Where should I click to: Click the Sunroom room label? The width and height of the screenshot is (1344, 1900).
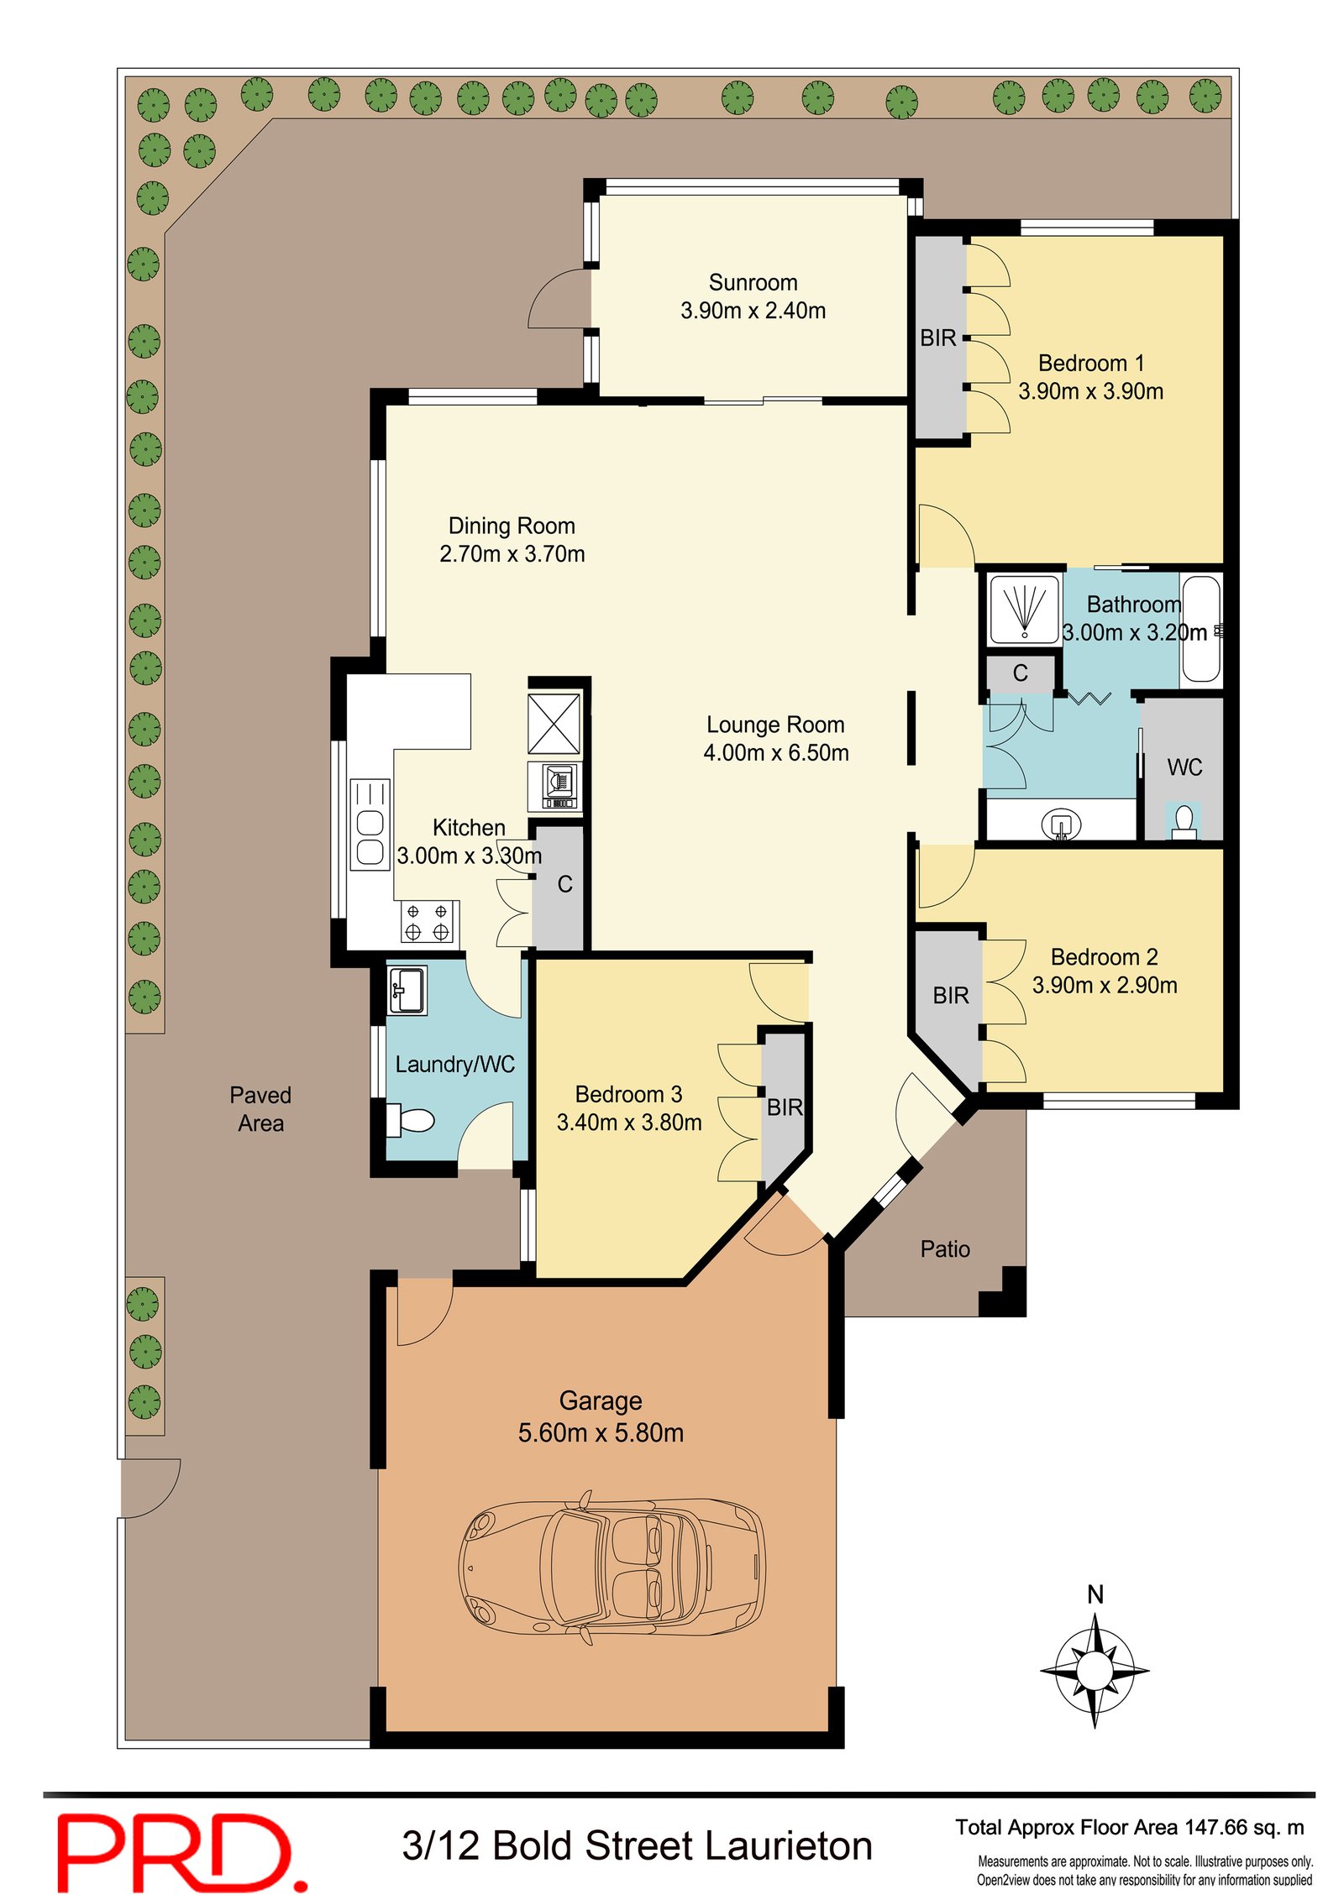pos(753,282)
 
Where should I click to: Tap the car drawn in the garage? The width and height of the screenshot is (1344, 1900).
pos(612,1563)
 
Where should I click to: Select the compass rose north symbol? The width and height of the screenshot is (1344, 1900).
pos(1094,1662)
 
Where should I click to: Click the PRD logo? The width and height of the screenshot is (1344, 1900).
pos(182,1852)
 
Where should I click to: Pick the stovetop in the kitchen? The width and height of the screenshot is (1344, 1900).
pos(428,921)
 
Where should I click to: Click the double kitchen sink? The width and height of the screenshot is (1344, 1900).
pos(370,824)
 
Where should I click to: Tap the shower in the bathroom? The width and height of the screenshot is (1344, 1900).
pos(1024,609)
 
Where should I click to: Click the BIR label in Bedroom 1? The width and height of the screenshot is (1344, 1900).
pos(937,338)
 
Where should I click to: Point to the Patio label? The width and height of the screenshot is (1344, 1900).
pos(945,1249)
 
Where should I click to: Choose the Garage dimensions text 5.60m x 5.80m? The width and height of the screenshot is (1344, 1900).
pos(601,1432)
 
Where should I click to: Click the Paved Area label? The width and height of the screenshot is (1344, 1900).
pos(260,1109)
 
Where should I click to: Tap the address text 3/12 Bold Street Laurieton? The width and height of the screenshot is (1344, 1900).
pos(638,1846)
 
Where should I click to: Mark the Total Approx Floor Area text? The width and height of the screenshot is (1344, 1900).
pos(1130,1828)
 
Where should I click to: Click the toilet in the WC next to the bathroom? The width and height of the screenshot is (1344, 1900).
pos(1184,822)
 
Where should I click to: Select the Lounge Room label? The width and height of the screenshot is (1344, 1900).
pos(775,725)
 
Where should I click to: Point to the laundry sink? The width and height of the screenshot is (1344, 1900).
pos(407,990)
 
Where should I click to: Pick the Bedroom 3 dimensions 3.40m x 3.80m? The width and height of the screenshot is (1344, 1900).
pos(629,1123)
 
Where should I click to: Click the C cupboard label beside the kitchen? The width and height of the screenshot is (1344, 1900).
pos(565,884)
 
